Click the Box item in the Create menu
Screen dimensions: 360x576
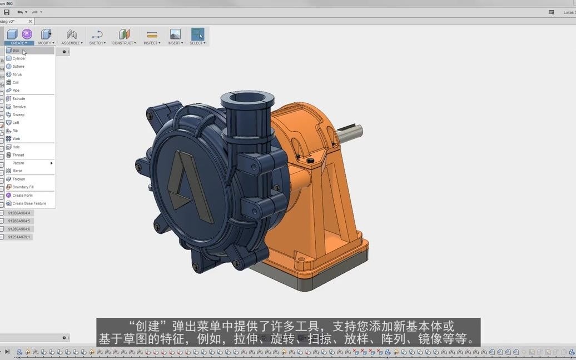pyautogui.click(x=16, y=51)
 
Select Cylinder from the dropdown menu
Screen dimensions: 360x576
pyautogui.click(x=19, y=58)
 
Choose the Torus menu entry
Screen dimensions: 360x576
pyautogui.click(x=17, y=74)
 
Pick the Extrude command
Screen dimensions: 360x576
pyautogui.click(x=19, y=99)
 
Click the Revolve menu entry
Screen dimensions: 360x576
pyautogui.click(x=19, y=107)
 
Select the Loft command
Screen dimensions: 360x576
pyautogui.click(x=16, y=123)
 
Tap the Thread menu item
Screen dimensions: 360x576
pyautogui.click(x=18, y=155)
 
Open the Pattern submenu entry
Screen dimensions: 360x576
pyautogui.click(x=18, y=163)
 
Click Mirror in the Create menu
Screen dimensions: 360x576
pyautogui.click(x=17, y=171)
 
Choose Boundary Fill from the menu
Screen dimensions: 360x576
pyautogui.click(x=23, y=187)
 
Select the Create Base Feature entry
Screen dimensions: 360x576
pyautogui.click(x=29, y=203)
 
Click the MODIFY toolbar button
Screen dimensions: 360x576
pyautogui.click(x=46, y=37)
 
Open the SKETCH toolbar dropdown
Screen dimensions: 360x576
pyautogui.click(x=97, y=37)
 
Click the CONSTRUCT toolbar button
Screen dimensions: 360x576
pyautogui.click(x=124, y=37)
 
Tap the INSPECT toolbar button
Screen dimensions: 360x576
pyautogui.click(x=152, y=37)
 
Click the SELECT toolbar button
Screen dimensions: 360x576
pyautogui.click(x=197, y=37)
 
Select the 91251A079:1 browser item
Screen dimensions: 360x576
pyautogui.click(x=19, y=237)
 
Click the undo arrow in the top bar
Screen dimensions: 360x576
pyautogui.click(x=20, y=12)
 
